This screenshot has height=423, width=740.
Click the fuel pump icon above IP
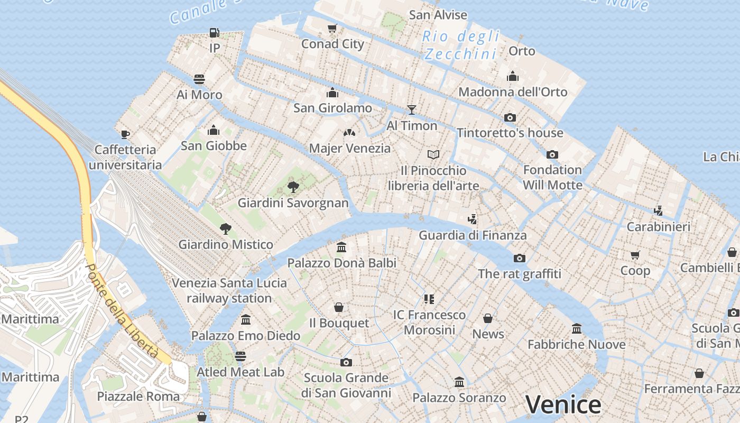tap(214, 33)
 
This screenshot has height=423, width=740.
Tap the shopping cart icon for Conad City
tap(332, 29)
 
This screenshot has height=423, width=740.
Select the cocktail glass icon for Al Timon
tap(412, 110)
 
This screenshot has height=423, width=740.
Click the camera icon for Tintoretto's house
tap(510, 117)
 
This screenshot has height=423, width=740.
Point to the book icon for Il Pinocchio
tap(433, 154)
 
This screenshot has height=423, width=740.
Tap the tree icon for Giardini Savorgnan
tap(293, 187)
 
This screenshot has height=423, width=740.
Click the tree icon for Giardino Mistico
tap(226, 229)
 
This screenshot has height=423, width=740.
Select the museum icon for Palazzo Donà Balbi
tap(341, 247)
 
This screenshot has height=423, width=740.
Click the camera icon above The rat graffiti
tap(520, 258)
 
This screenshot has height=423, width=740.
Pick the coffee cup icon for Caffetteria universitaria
tap(125, 134)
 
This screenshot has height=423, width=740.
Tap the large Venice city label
tap(563, 404)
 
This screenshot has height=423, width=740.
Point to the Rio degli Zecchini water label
tap(461, 45)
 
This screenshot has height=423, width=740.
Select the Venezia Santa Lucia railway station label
tap(229, 290)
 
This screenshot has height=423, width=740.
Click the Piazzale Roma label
tap(138, 396)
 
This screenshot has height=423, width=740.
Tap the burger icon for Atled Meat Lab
tap(240, 356)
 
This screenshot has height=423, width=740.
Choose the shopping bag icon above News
tap(488, 318)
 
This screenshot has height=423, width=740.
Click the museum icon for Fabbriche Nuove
tap(577, 329)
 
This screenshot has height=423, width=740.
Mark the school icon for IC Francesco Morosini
tap(429, 299)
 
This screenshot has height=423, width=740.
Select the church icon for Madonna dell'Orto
tap(512, 76)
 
